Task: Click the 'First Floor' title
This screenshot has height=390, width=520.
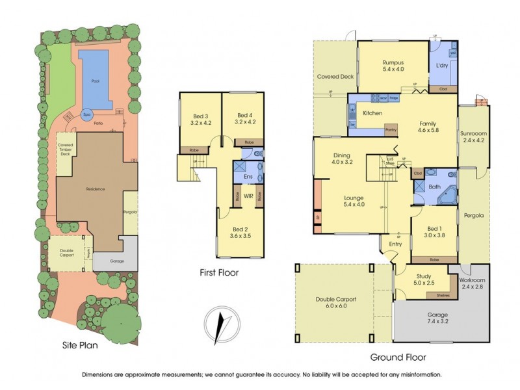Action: [x=218, y=273]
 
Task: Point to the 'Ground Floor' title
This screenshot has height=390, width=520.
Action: [x=398, y=357]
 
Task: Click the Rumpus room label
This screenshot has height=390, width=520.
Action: [x=393, y=62]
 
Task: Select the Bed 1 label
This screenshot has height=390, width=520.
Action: [x=434, y=228]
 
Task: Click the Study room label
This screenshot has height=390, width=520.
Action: [x=423, y=276]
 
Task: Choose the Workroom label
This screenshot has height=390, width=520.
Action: [x=473, y=280]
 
